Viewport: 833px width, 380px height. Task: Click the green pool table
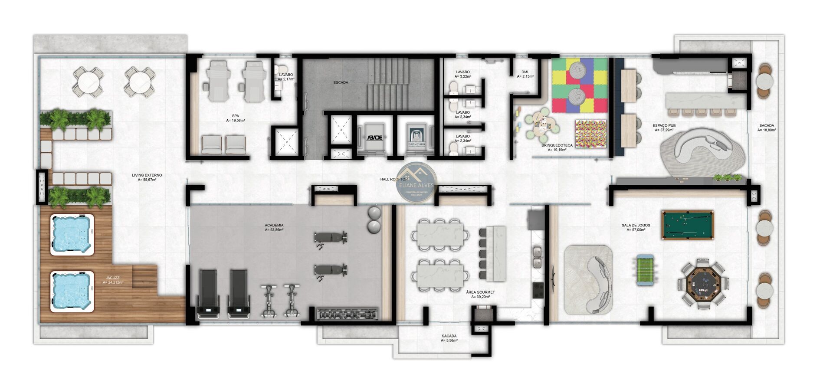tap(688, 224)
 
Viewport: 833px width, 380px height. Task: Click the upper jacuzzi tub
tap(72, 234)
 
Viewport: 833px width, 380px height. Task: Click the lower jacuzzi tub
tap(72, 291)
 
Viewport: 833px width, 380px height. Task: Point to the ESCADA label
tap(341, 82)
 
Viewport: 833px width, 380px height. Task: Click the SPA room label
tap(235, 116)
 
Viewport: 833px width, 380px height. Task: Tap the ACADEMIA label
tap(274, 225)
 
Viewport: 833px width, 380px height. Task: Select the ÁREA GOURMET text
tap(480, 292)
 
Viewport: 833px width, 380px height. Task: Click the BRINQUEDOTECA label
tap(557, 146)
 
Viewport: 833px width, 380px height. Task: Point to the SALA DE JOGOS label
tap(636, 225)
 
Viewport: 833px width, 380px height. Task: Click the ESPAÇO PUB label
tap(664, 126)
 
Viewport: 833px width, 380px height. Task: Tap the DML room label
tap(525, 72)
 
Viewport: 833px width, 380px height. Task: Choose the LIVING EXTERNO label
tap(147, 175)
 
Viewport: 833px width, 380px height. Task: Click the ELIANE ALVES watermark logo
tap(417, 182)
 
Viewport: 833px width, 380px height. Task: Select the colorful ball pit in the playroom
tap(590, 134)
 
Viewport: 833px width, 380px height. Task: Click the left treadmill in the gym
tap(209, 294)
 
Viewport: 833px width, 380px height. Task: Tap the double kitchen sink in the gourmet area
tap(537, 257)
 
